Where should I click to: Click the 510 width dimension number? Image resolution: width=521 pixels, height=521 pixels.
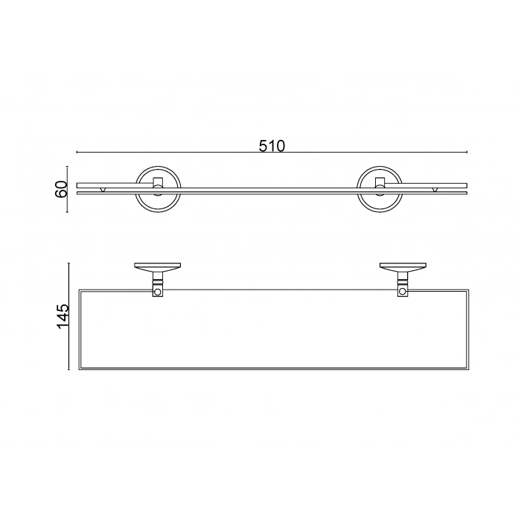tap(272, 146)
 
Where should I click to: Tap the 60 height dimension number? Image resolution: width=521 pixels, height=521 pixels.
tap(63, 188)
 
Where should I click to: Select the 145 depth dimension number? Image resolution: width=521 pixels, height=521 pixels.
tap(63, 316)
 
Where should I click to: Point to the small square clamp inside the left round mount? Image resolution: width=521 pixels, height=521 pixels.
tap(158, 182)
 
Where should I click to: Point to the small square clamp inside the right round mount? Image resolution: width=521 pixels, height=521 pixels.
tap(380, 182)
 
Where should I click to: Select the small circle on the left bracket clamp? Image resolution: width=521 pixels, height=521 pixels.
tap(157, 293)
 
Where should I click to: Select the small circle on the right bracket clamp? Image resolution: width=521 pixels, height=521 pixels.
tap(403, 293)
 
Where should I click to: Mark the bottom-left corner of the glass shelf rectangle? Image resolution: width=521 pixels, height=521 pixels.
tap(78, 370)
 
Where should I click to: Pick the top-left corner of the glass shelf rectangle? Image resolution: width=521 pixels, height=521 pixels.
tap(78, 287)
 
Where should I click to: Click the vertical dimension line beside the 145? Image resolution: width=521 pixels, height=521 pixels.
tap(69, 316)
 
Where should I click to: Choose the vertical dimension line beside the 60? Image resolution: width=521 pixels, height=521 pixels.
tap(68, 188)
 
